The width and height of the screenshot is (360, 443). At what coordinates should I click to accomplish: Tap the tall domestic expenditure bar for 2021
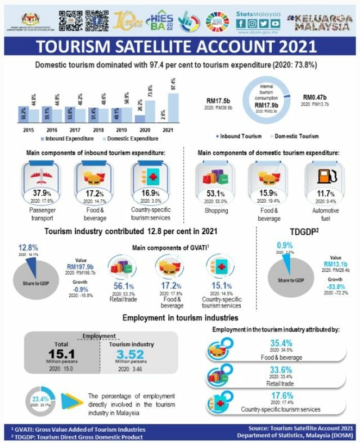(x=173, y=108)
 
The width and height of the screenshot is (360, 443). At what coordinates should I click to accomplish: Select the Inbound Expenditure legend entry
(x=62, y=138)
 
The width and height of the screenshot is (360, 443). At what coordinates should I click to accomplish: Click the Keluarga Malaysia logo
(x=324, y=21)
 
